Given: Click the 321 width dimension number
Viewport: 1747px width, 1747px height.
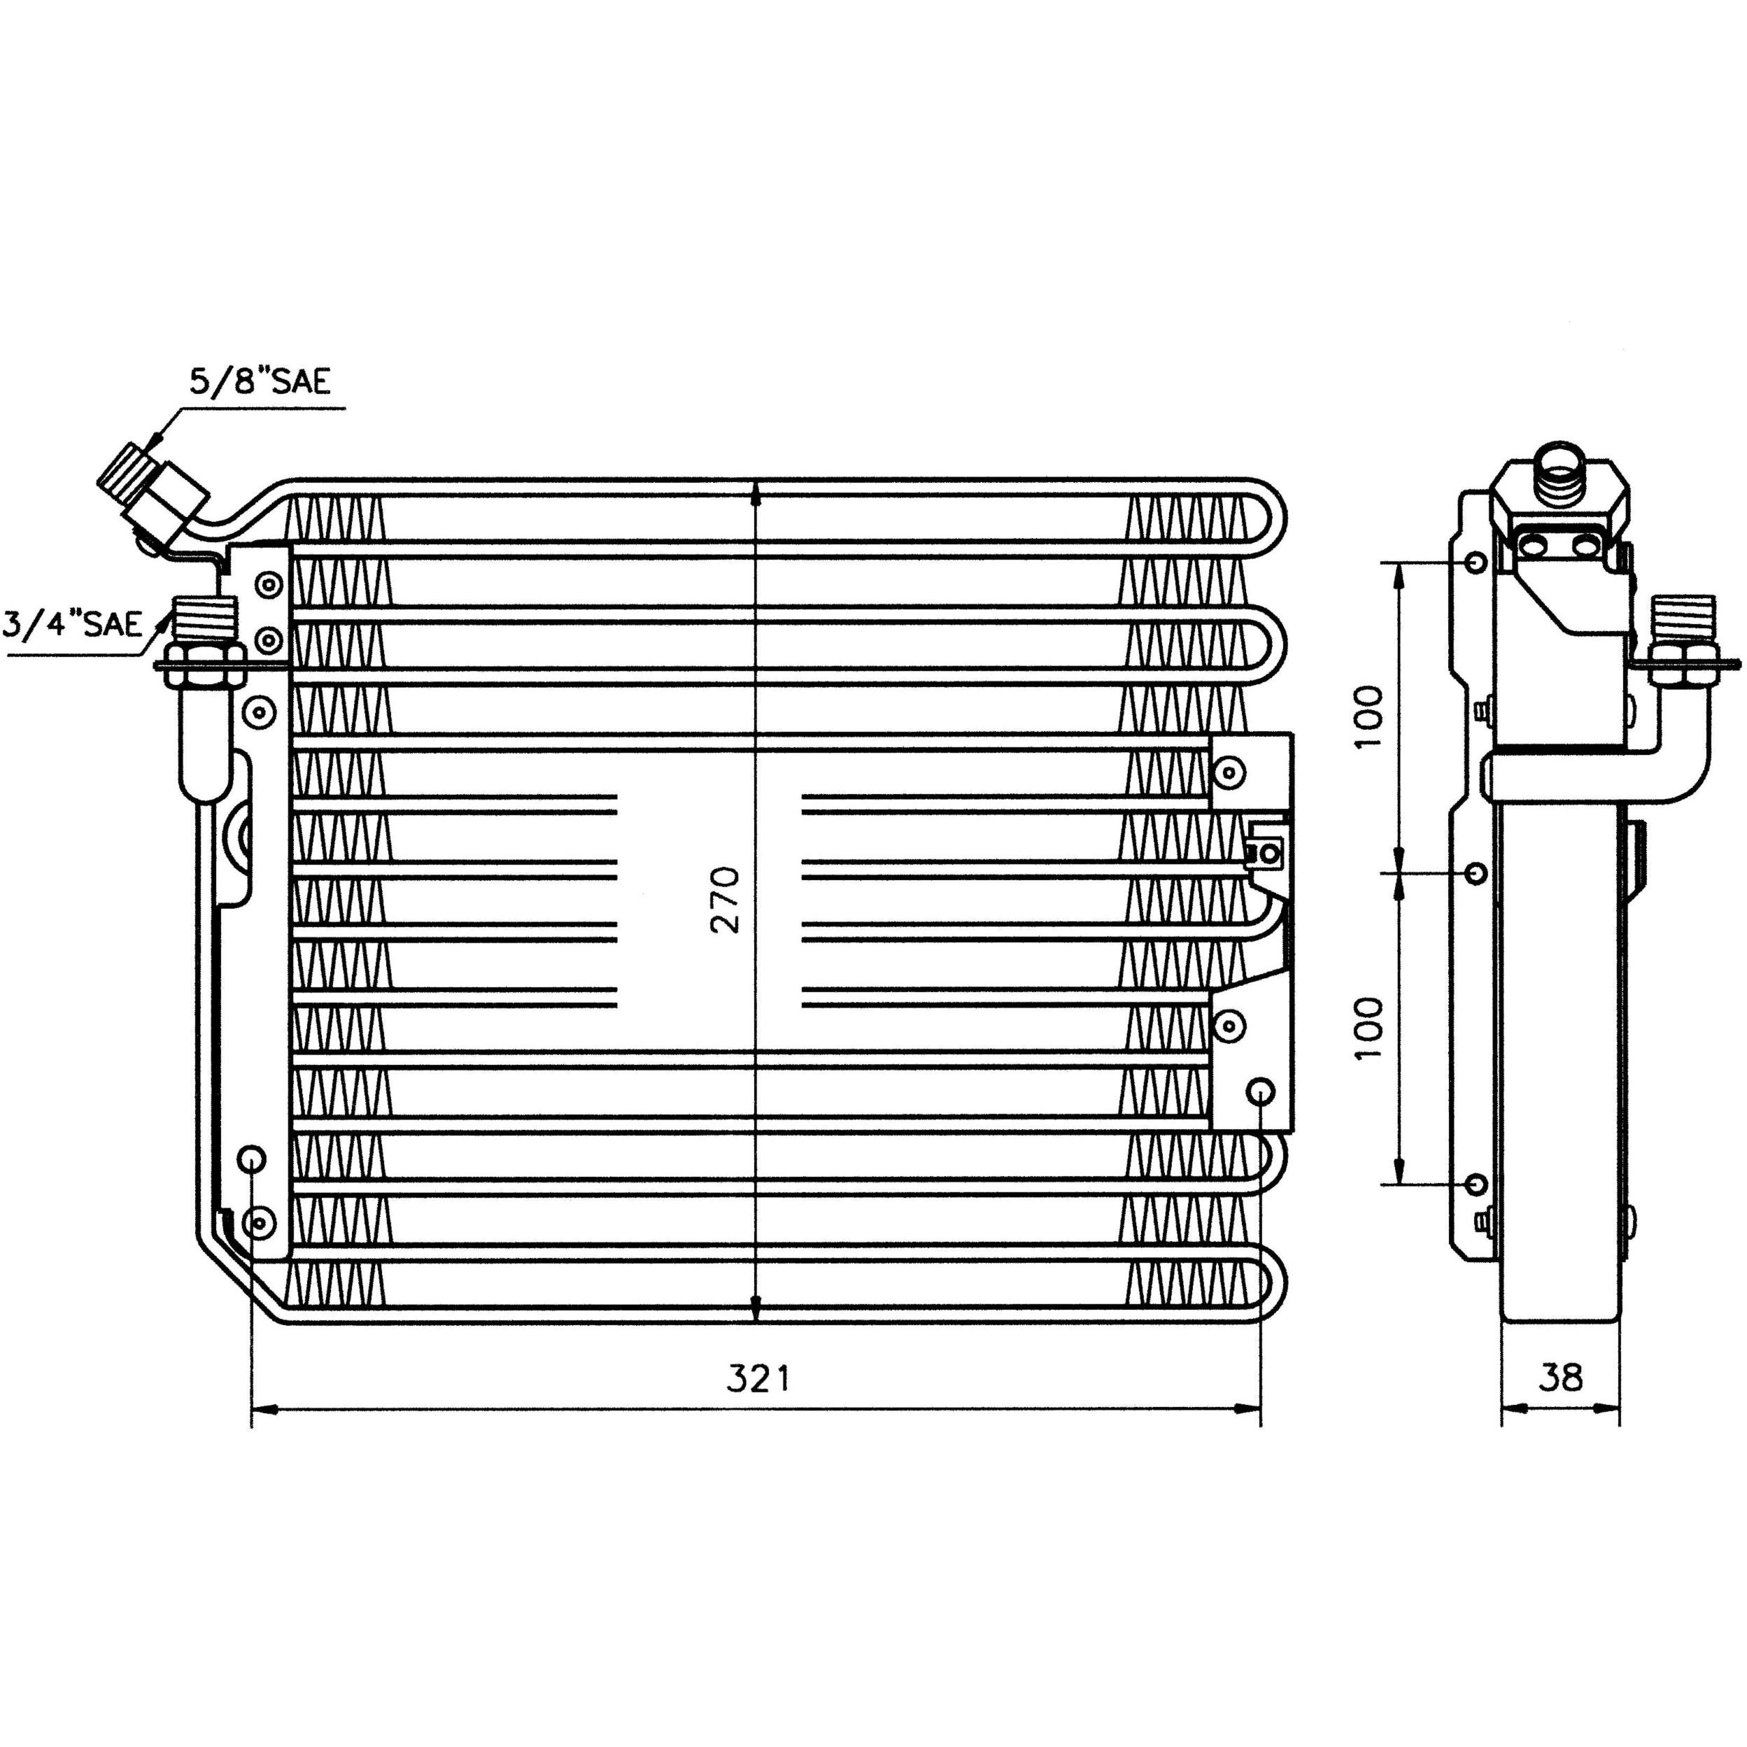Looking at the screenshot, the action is tap(758, 1379).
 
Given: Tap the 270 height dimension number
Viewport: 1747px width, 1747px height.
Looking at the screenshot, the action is tap(726, 900).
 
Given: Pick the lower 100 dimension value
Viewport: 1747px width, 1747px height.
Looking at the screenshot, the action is tap(1370, 1029).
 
